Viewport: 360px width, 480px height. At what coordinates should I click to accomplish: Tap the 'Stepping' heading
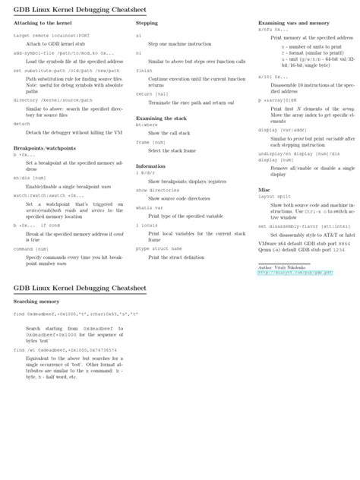tap(147, 23)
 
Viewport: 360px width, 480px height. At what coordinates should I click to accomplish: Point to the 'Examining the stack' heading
tap(162, 118)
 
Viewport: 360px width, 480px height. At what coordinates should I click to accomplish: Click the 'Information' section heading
tap(150, 166)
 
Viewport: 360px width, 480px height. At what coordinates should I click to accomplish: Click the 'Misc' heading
tap(264, 189)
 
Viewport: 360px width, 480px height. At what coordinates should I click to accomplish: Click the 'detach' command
tap(22, 124)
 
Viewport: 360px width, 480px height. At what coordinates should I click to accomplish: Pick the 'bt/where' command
tap(146, 125)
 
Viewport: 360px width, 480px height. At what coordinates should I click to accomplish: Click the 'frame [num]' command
tap(150, 142)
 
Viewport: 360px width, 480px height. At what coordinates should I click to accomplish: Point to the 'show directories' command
tap(156, 190)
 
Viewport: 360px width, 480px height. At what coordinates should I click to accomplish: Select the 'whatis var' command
tap(148, 207)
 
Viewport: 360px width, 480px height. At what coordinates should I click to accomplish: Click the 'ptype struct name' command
tap(159, 248)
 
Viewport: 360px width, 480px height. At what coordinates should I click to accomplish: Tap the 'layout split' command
tap(275, 196)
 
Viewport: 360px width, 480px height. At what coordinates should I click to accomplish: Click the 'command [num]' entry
tap(32, 248)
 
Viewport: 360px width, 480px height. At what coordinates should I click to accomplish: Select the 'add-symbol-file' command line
tap(64, 53)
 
